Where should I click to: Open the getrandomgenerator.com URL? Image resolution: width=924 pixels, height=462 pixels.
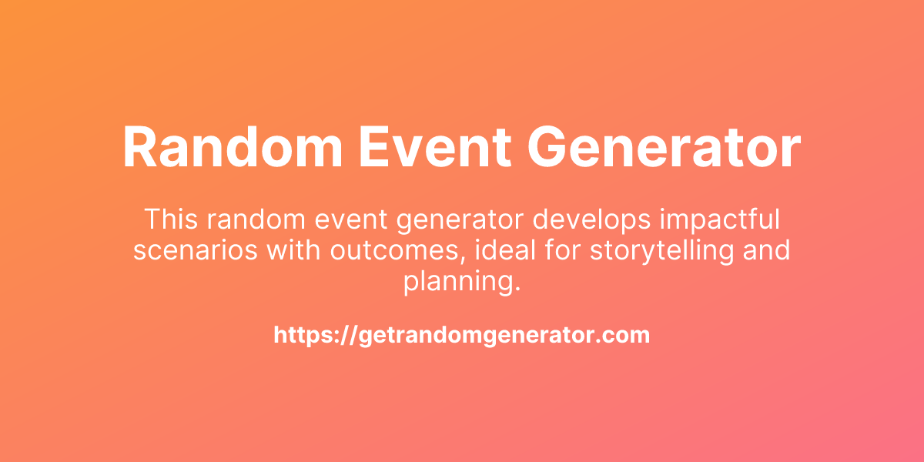point(462,336)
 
